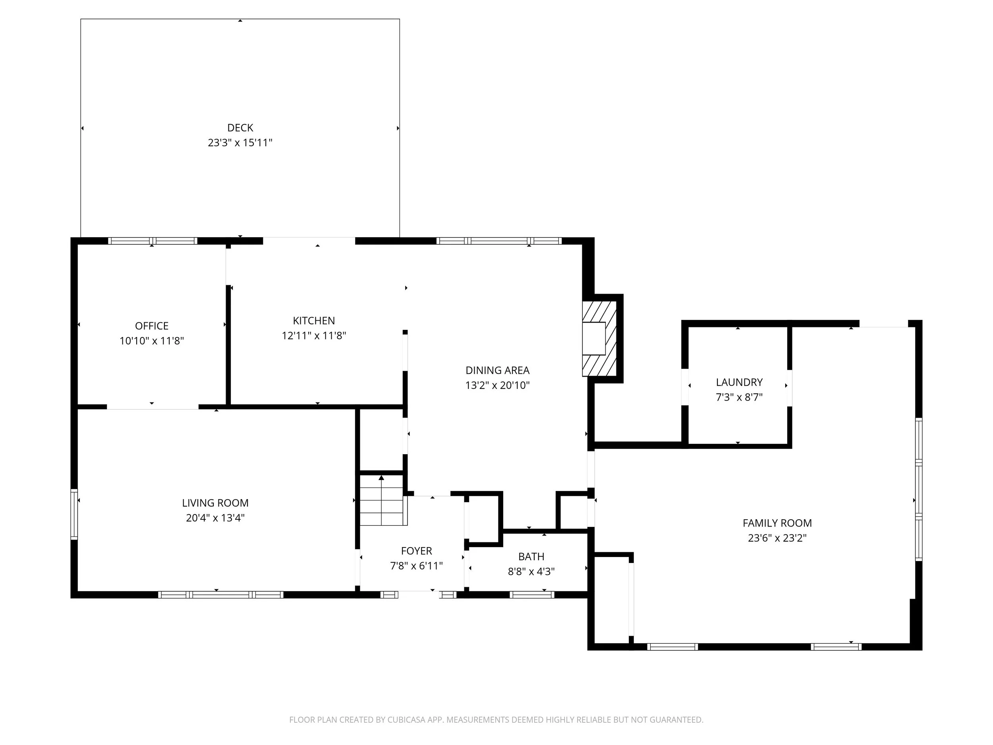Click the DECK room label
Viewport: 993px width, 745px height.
click(240, 128)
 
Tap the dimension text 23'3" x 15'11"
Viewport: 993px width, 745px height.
click(240, 143)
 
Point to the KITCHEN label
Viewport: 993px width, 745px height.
click(314, 321)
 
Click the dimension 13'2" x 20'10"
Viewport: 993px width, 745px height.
click(497, 385)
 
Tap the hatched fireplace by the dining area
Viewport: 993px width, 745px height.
click(599, 339)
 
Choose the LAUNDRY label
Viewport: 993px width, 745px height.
click(739, 382)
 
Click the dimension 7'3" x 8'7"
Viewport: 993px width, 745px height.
click(739, 397)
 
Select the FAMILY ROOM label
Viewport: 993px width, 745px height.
click(777, 523)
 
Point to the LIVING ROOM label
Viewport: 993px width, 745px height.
click(215, 503)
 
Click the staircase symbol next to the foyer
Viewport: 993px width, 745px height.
click(382, 501)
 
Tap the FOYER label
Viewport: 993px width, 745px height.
click(416, 551)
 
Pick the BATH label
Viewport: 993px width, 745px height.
click(531, 557)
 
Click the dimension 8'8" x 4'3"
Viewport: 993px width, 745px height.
click(531, 572)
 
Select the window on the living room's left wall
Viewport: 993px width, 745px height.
click(74, 514)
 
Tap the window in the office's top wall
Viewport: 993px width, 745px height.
click(153, 241)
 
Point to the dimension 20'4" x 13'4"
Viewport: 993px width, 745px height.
click(215, 518)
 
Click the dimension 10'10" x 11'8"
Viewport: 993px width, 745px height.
click(152, 341)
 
